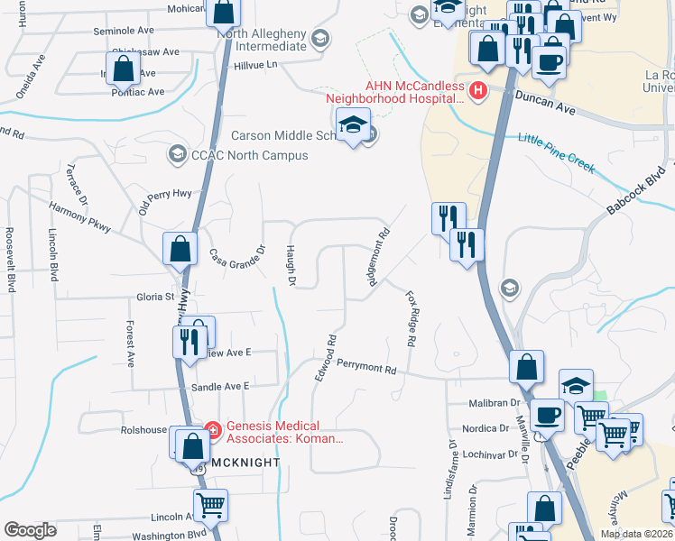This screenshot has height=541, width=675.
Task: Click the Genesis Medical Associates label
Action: click(x=283, y=433)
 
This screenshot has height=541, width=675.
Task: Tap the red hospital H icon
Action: click(x=478, y=90)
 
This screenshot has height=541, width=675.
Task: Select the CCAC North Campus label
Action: click(x=250, y=155)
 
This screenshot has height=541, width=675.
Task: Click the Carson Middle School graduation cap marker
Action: click(x=353, y=126)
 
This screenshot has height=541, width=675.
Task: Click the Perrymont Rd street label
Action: click(x=367, y=368)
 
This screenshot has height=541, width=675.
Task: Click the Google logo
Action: click(x=30, y=530)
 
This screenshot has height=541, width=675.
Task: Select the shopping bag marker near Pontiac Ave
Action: click(x=125, y=69)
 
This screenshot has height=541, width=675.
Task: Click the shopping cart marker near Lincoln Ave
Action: click(x=211, y=507)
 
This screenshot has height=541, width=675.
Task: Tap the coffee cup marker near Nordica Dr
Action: click(x=548, y=417)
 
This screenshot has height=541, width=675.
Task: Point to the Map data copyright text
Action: click(x=636, y=534)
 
